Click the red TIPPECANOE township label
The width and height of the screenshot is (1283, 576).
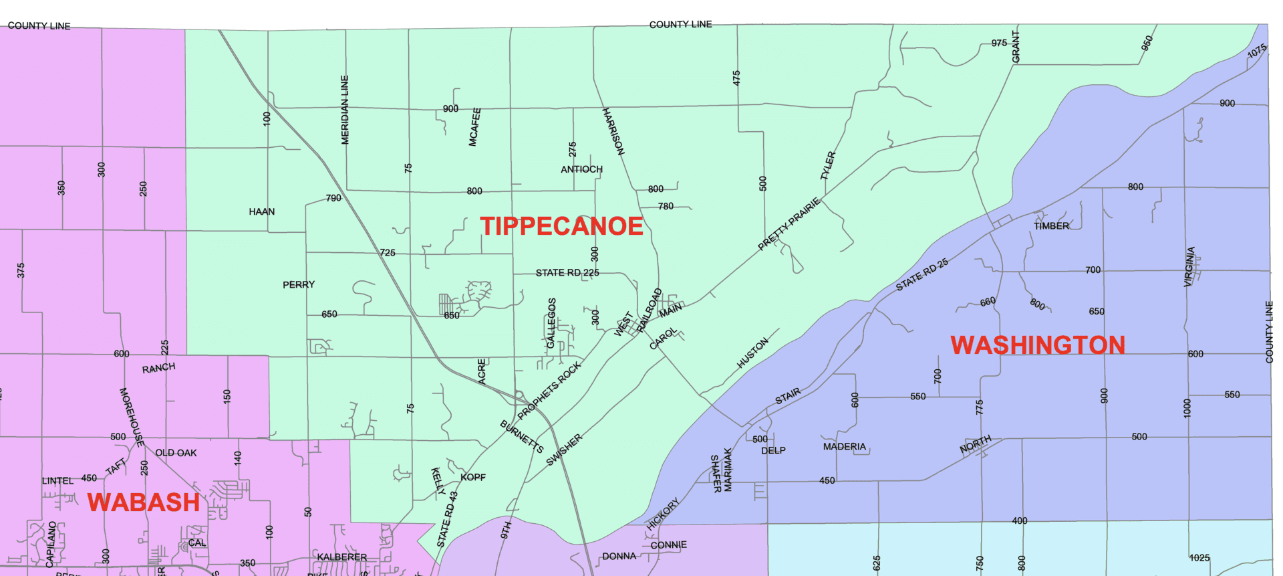[x=561, y=226]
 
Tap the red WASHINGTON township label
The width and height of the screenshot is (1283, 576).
[x=1038, y=345]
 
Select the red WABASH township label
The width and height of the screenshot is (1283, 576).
[x=144, y=502]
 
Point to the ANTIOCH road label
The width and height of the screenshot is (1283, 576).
[x=581, y=169]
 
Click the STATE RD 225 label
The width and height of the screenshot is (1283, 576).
[x=567, y=273]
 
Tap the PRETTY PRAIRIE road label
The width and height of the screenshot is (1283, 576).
[x=789, y=224]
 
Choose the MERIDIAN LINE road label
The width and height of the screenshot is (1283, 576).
[x=345, y=110]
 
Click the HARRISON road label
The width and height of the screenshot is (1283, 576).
[x=613, y=132]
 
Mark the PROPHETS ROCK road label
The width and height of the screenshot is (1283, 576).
[x=549, y=391]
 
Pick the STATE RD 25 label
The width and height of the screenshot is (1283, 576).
[x=922, y=275]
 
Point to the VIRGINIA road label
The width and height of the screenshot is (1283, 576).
[x=1189, y=267]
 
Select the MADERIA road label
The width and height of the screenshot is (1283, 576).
[x=844, y=446]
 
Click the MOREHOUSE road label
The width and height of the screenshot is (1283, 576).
[x=132, y=417]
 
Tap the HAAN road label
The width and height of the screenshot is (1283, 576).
[x=261, y=211]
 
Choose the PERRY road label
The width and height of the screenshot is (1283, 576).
[x=298, y=284]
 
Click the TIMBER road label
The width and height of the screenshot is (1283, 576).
[x=1051, y=226]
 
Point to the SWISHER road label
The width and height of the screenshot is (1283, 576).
[x=564, y=450]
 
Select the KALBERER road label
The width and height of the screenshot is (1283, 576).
[x=341, y=557]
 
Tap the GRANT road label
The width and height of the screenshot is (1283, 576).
[x=1016, y=47]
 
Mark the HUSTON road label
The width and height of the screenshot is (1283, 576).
[x=752, y=353]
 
